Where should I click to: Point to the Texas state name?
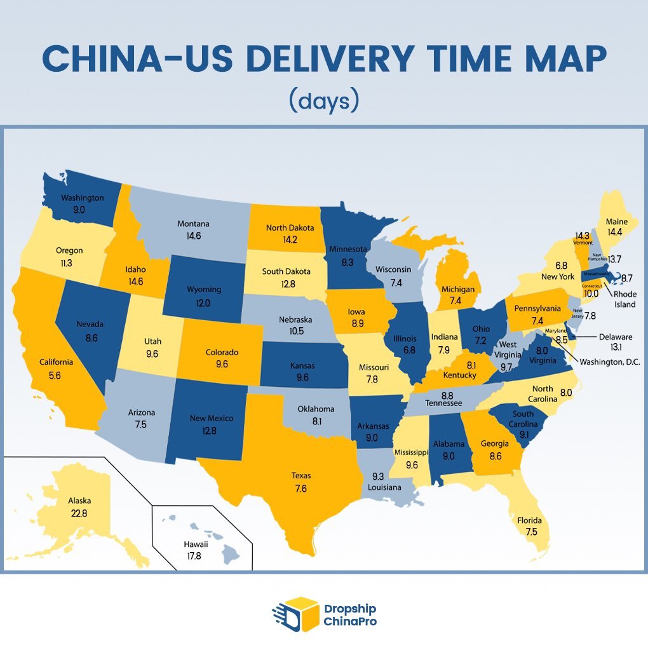(x=301, y=476)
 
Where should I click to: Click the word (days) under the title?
(x=323, y=101)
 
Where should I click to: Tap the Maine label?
(x=616, y=222)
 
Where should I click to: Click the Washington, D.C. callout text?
(x=609, y=361)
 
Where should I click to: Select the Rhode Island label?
(x=624, y=299)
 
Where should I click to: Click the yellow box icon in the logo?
(x=300, y=614)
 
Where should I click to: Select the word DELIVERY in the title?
(x=358, y=59)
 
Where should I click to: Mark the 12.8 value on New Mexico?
(x=211, y=430)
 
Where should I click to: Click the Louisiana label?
(x=384, y=487)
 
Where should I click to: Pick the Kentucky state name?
(x=460, y=375)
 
